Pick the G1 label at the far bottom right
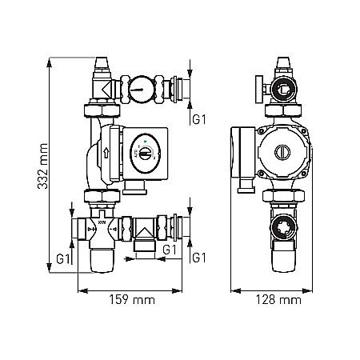click(199, 259)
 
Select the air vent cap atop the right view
click(281, 63)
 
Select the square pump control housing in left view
click(144, 152)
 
